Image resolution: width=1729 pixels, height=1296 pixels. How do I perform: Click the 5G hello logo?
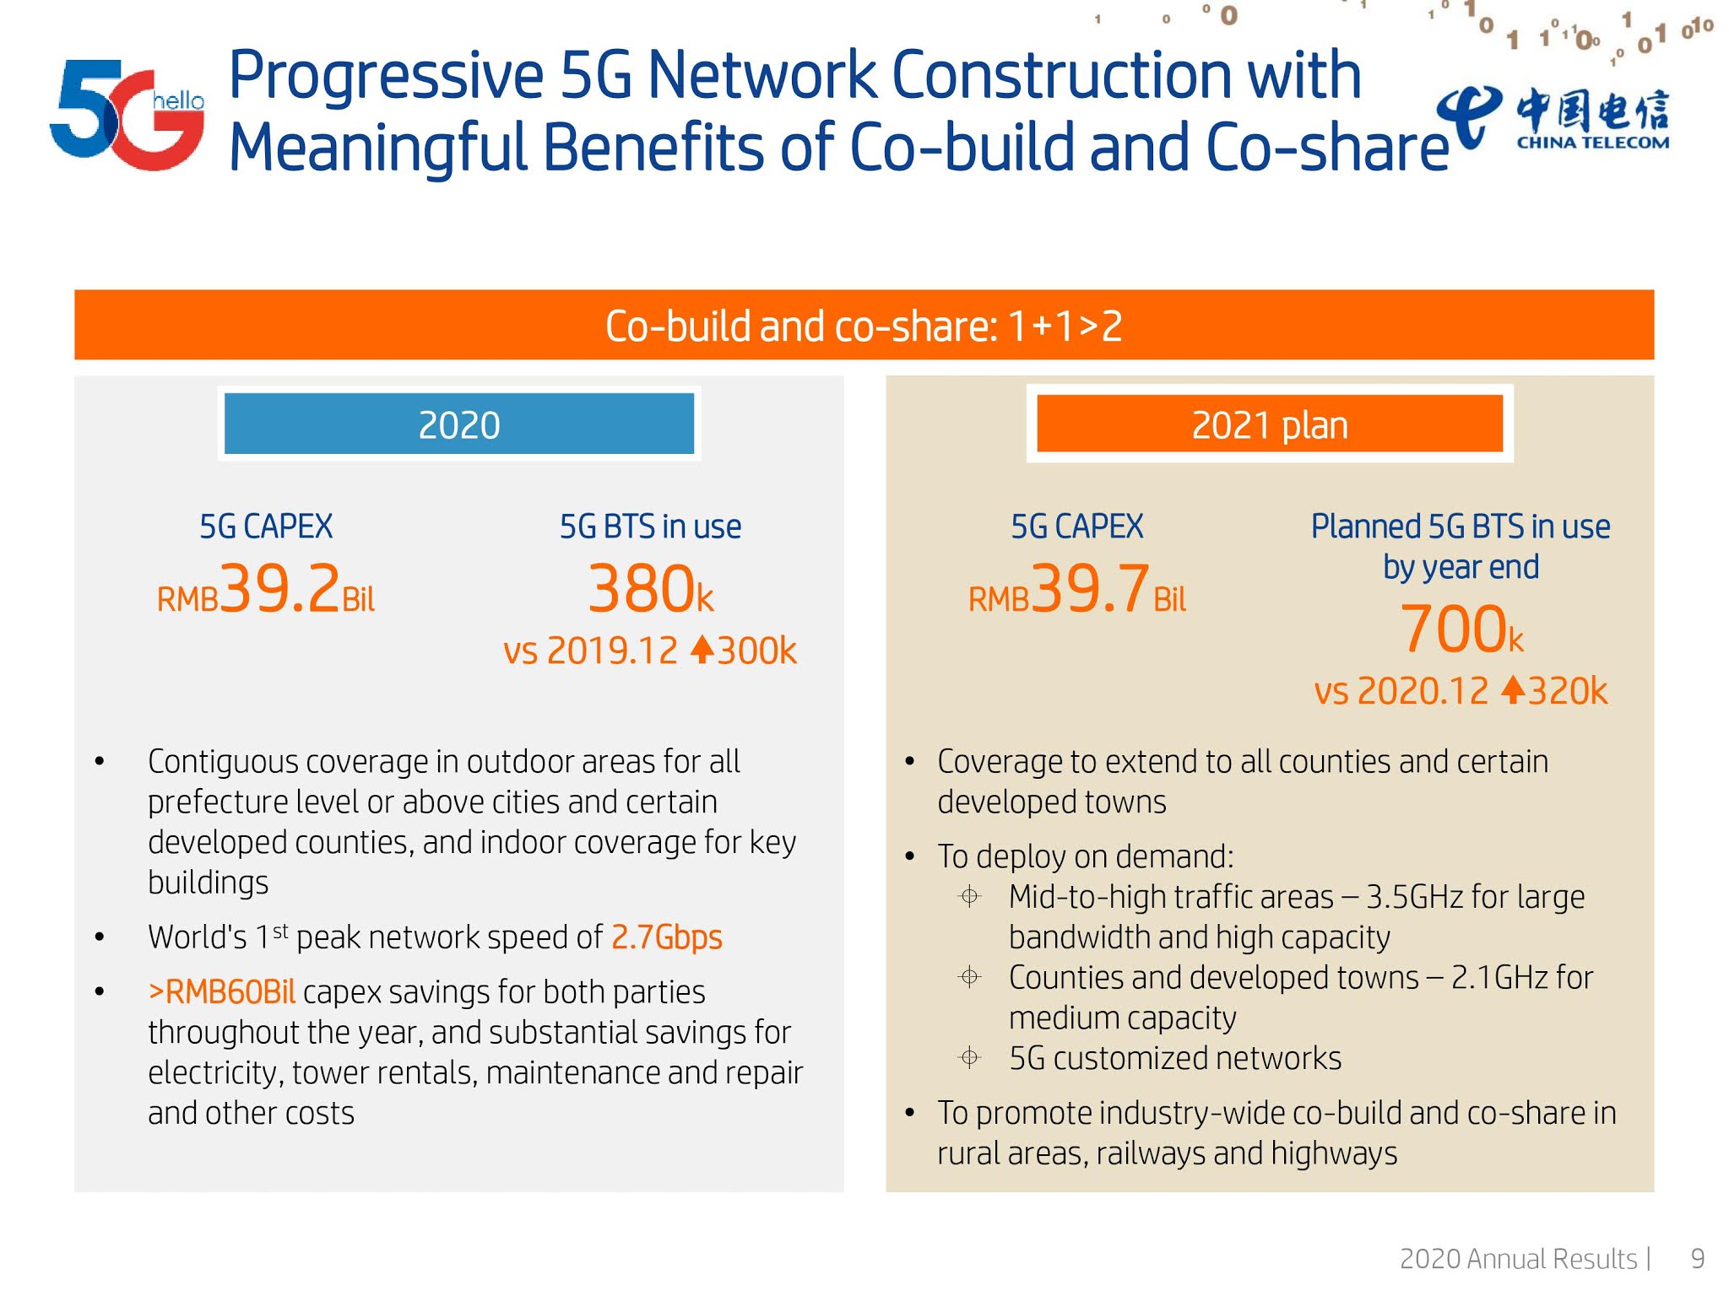127,114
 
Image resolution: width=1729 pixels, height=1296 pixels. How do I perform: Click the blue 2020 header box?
458,424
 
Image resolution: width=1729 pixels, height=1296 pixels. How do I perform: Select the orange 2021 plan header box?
1269,424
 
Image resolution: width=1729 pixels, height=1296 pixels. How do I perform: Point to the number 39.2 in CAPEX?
281,588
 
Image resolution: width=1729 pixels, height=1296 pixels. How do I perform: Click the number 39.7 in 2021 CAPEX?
1090,588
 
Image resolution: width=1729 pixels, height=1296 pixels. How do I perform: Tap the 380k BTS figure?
650,590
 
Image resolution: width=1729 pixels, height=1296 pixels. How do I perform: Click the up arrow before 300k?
702,649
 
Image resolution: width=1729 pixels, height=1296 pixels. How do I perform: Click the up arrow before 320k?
1513,689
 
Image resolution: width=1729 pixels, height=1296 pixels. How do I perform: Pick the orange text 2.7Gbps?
666,937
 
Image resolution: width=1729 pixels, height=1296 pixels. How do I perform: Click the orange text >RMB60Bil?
222,992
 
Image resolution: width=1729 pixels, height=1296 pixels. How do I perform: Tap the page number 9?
1697,1258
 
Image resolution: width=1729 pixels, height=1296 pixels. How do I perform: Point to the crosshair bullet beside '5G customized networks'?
970,1057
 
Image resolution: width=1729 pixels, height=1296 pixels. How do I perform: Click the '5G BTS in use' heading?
650,526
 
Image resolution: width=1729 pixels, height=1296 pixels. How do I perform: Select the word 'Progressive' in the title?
386,76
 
